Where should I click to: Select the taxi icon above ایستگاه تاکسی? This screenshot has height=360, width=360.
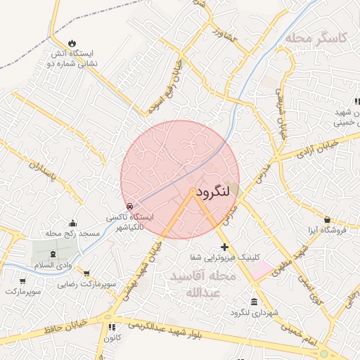130,206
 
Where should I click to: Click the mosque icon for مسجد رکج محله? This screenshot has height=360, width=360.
72,223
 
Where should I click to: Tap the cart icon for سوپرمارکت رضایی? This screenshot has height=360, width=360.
86,273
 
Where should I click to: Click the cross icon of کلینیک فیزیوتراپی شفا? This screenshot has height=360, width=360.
224,247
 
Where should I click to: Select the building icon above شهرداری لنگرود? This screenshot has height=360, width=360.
254,302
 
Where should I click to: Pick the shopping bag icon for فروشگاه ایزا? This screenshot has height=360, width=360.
327,219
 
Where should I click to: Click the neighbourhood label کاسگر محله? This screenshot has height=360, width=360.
316,38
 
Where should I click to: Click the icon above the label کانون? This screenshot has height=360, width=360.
112,327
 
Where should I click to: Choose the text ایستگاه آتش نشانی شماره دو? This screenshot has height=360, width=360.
71,58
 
